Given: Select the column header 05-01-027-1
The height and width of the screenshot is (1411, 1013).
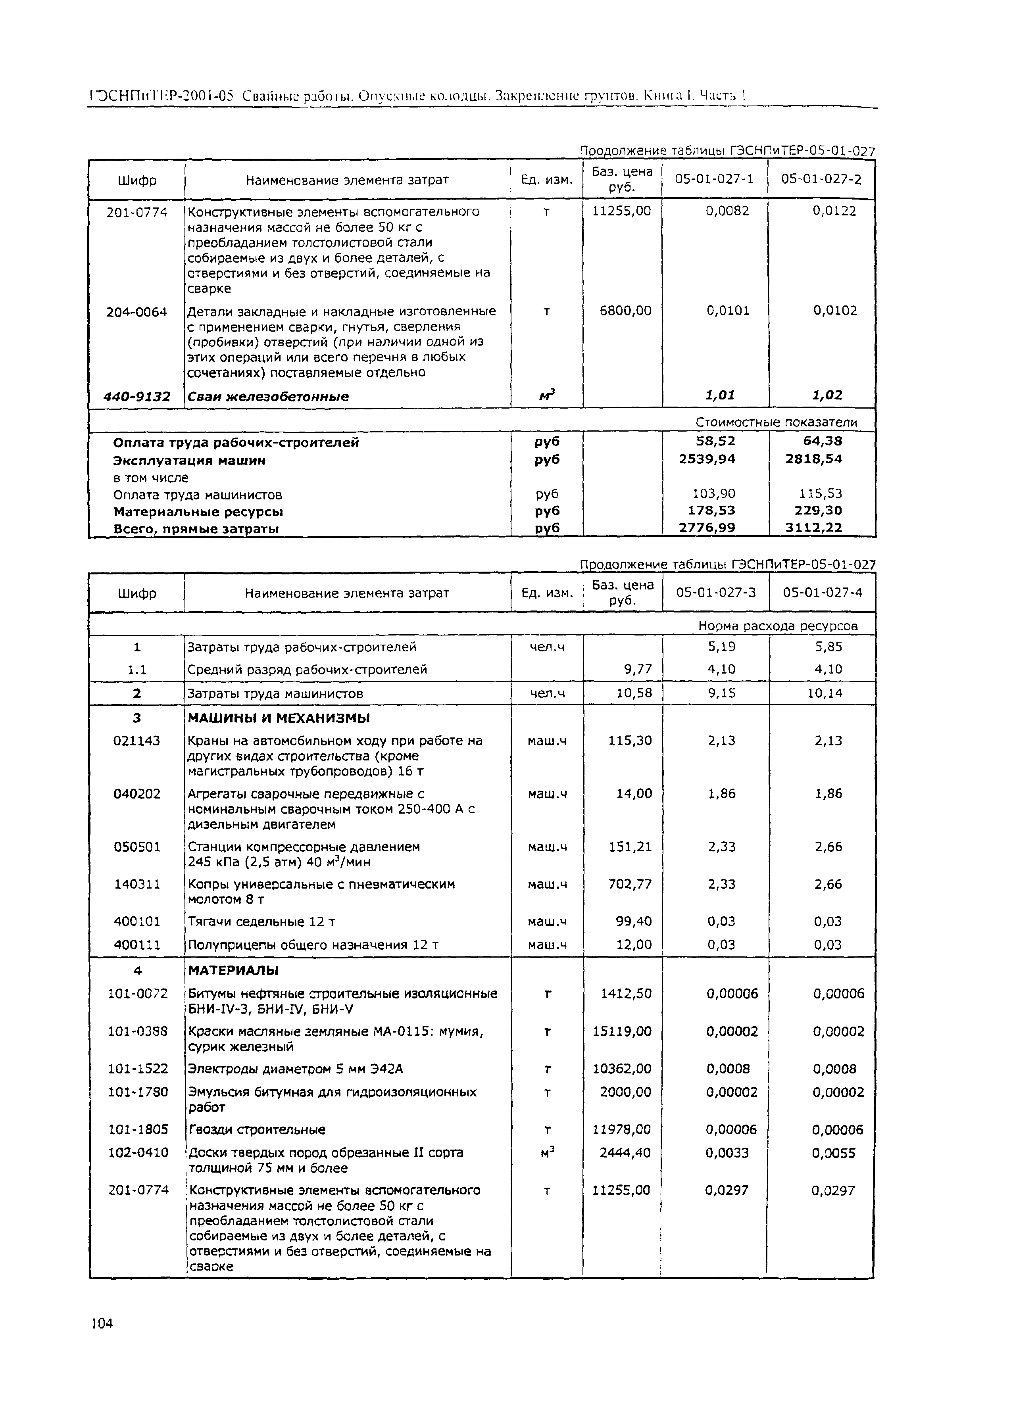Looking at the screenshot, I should [x=714, y=179].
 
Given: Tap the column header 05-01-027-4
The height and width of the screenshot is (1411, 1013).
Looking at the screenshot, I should [x=822, y=592].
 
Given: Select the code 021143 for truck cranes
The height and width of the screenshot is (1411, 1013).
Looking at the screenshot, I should [x=136, y=740].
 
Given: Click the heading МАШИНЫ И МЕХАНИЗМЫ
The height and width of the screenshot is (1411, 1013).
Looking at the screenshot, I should [x=279, y=718].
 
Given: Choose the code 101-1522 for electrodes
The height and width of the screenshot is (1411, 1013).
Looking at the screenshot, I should [x=138, y=1069].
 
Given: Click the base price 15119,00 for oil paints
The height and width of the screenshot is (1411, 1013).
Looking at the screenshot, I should [x=622, y=1031].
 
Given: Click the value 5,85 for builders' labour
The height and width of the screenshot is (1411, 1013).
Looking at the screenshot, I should [x=828, y=647].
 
